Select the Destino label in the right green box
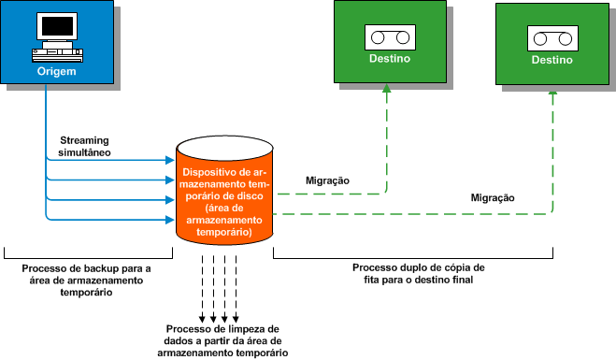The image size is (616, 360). tap(552, 61)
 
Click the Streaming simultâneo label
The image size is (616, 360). tap(85, 145)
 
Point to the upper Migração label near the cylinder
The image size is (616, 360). tap(328, 180)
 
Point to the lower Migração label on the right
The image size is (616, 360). tap(493, 198)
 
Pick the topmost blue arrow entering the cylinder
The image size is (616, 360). tap(169, 160)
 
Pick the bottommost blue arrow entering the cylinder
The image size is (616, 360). tap(169, 220)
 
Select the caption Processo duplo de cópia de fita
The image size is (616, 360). tap(418, 273)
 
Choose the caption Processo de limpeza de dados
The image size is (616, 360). tap(222, 341)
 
